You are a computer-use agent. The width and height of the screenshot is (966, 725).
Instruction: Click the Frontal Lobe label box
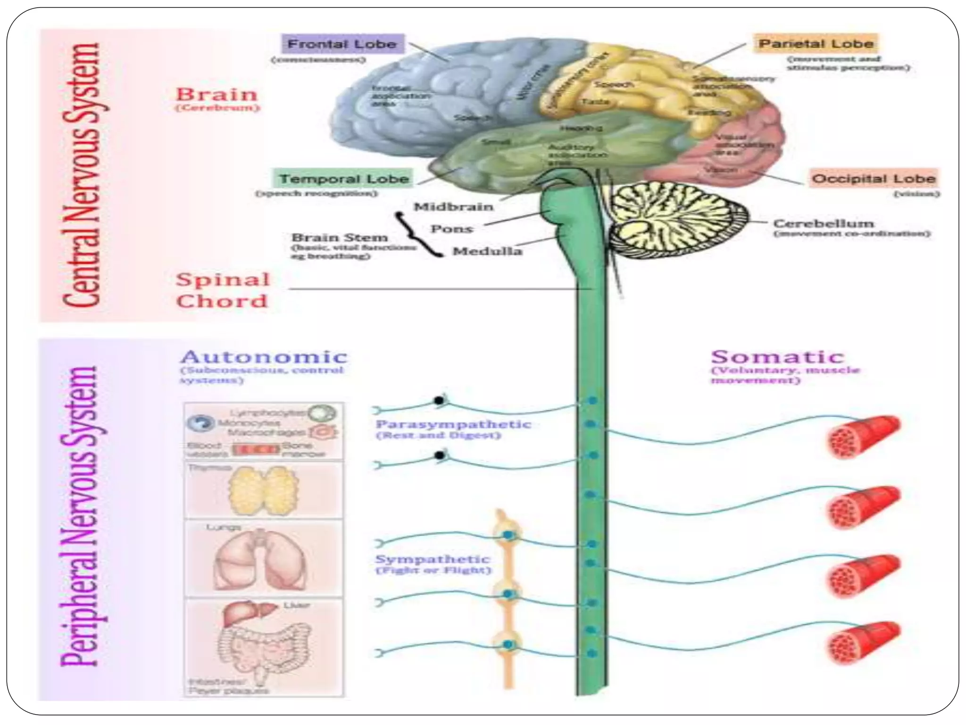343,44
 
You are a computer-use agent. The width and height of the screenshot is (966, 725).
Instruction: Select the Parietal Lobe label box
816,44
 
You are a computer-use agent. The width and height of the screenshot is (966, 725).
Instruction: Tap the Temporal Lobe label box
343,179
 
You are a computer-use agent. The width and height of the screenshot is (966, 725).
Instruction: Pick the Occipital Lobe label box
874,179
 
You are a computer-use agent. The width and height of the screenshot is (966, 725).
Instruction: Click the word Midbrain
453,207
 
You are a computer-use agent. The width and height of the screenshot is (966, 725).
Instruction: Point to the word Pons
451,229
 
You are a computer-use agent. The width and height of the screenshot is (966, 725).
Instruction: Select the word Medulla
487,251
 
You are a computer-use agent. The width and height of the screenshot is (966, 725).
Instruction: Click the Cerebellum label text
824,223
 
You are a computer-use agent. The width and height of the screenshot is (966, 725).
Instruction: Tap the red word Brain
217,94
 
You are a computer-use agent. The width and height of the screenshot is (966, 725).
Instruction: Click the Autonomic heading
264,357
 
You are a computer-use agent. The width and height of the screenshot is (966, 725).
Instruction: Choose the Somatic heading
777,357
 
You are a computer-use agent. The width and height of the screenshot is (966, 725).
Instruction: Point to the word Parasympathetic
453,424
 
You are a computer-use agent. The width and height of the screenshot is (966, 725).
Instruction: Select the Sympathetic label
433,559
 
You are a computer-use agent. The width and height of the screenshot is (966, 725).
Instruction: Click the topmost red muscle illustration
864,437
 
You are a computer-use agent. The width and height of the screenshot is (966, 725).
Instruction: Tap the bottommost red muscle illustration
864,642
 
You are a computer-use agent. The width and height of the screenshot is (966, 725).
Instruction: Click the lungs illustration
261,560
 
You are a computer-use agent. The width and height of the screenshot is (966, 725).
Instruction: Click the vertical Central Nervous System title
81,175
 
